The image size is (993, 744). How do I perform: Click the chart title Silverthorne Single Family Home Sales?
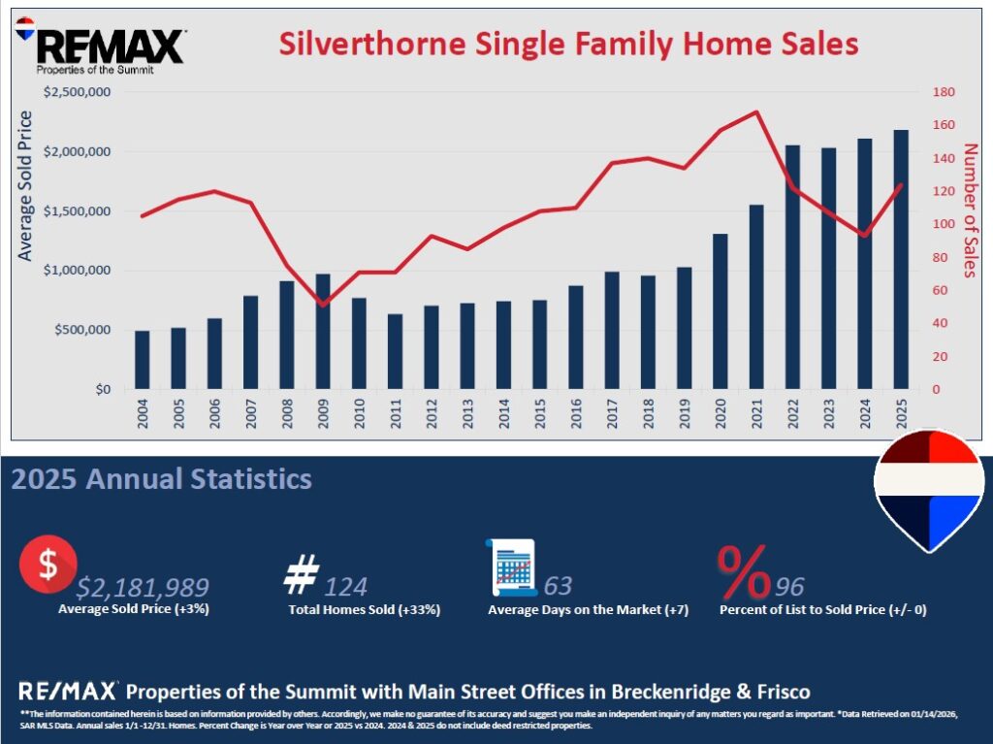569,44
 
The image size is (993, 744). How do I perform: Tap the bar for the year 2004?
143,360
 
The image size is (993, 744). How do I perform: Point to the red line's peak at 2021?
756,112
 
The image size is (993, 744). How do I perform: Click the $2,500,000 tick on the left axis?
79,92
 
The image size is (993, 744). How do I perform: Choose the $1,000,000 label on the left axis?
79,271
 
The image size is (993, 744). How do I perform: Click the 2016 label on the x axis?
575,412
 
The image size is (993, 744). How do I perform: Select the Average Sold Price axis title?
25,186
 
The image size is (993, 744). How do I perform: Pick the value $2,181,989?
143,586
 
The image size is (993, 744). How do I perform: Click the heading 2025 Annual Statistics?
162,479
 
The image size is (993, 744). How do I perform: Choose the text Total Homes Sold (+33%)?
365,610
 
